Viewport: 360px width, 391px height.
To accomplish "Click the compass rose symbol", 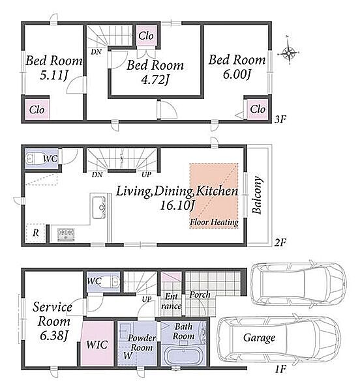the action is [289, 53].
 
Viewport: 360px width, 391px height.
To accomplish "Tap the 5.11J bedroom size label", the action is [54, 75].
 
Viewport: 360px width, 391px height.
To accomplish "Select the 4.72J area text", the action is [155, 80].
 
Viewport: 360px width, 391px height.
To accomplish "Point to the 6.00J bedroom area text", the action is [237, 74].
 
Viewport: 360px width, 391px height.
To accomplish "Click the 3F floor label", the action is [280, 120].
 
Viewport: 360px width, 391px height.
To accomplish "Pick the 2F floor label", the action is [280, 242].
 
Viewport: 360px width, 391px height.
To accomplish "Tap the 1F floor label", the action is [280, 369].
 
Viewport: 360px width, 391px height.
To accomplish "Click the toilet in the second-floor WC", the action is [33, 158].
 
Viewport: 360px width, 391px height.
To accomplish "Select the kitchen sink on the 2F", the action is [99, 207].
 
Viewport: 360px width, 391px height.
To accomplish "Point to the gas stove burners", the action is [66, 235].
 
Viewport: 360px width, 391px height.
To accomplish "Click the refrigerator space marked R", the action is [36, 233].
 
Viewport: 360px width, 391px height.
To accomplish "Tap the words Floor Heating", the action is [214, 222].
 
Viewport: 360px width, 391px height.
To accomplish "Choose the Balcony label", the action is [257, 195].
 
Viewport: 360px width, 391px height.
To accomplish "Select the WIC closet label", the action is [97, 345].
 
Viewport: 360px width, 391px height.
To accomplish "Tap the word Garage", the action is [259, 338].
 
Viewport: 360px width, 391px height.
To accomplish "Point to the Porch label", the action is [200, 295].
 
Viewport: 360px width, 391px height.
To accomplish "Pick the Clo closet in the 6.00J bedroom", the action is [258, 109].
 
